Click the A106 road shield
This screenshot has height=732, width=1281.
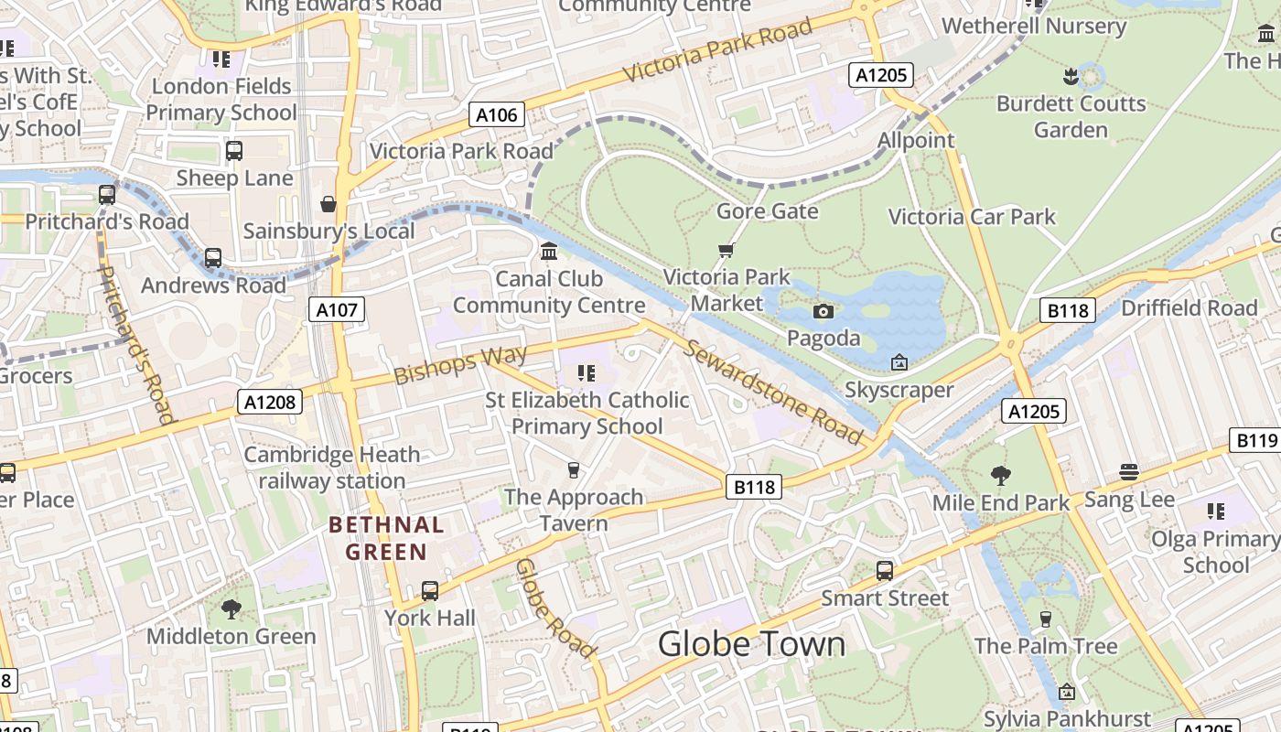[x=498, y=115]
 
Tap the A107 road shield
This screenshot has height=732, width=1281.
[x=336, y=310]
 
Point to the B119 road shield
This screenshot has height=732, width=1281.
[x=1256, y=441]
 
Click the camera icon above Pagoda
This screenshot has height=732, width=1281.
[x=823, y=312]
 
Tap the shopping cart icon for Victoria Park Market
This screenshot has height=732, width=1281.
[x=727, y=250]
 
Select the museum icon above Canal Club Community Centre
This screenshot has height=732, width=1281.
[x=549, y=251]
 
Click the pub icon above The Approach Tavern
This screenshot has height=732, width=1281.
[x=574, y=470]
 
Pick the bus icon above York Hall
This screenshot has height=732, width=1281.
[x=429, y=591]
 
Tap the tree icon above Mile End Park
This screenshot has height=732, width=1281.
[x=1001, y=475]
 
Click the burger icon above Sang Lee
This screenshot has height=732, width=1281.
[x=1129, y=472]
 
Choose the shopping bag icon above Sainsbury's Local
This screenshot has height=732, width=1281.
[x=328, y=203]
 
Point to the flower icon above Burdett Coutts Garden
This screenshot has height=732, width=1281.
[x=1070, y=75]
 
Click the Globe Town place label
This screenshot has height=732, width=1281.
[x=751, y=644]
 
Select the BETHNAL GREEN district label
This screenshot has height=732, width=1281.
[x=386, y=538]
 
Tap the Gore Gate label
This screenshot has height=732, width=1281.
[x=767, y=211]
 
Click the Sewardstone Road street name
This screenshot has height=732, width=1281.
[x=773, y=392]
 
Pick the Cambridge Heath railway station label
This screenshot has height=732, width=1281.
[x=331, y=468]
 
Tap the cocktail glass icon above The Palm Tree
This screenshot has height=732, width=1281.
[x=1045, y=619]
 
